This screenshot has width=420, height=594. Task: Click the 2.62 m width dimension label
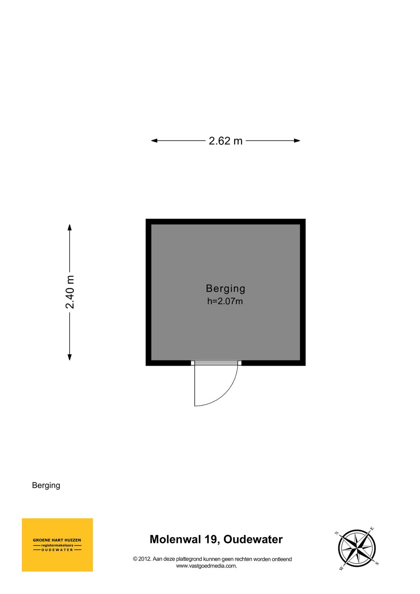pos(226,141)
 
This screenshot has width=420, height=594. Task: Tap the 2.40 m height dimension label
pos(70,292)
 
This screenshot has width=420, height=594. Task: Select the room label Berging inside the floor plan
pos(226,289)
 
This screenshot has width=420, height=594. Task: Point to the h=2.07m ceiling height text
pos(225,301)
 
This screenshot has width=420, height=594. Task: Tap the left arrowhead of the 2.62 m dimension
pos(154,140)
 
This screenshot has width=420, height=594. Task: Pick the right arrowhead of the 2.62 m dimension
pos(297,140)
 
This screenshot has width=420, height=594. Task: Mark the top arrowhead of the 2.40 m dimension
pos(70,228)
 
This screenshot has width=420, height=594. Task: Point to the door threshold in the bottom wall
pos(216,363)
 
